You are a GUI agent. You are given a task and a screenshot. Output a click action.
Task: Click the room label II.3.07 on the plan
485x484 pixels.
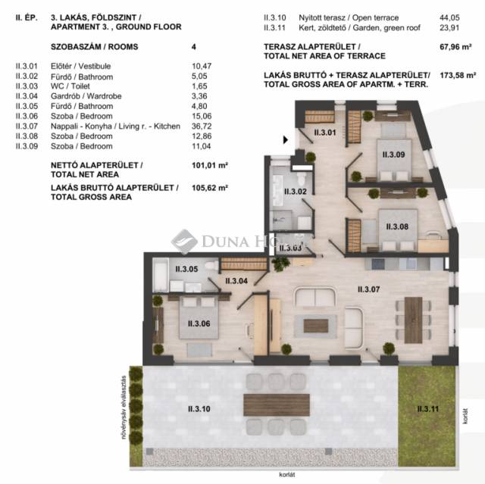368,289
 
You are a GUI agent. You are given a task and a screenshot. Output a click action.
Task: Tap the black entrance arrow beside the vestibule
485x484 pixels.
286,140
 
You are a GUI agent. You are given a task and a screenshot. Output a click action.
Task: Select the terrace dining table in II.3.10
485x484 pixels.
276,404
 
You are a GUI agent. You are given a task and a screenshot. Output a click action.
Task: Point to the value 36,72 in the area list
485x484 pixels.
202,126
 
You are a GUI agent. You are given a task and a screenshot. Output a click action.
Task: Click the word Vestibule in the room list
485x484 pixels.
94,66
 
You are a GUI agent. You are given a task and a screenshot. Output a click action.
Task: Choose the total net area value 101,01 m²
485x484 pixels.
210,165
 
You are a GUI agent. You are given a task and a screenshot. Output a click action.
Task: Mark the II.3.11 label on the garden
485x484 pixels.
427,409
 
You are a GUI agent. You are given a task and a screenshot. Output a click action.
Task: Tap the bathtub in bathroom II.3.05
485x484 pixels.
160,275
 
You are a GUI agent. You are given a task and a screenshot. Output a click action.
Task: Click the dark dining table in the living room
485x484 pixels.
413,320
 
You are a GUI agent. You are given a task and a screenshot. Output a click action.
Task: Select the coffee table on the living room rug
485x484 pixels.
316,326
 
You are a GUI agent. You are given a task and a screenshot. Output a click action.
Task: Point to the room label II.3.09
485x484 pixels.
393,155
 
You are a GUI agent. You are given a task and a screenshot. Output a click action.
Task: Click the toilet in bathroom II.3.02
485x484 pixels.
302,179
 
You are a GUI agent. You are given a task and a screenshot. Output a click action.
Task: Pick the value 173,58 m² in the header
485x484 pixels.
458,75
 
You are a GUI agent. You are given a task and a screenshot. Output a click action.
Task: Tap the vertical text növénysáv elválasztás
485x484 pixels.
124,407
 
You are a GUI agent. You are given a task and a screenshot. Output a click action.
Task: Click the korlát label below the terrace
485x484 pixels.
286,474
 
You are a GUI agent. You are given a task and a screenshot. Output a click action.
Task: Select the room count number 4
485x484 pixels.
194,47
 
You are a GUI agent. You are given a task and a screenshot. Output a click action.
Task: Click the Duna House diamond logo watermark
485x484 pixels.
184,242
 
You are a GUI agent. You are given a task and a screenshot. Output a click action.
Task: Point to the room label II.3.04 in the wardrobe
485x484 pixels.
236,281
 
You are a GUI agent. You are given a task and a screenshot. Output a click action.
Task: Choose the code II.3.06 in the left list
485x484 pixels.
27,116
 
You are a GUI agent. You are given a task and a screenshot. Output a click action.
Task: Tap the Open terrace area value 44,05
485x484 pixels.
449,17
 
